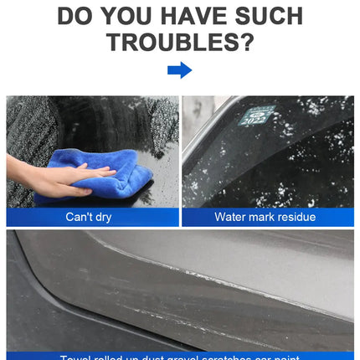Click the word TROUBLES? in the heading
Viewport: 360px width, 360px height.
[179, 42]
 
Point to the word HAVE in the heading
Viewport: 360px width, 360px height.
[188, 14]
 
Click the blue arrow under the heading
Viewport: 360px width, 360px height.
[179, 70]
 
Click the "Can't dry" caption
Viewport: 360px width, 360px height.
[89, 217]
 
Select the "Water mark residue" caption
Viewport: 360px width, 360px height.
[265, 217]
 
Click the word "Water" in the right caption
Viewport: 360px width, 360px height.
[231, 217]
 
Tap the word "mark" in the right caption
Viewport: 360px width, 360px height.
[263, 217]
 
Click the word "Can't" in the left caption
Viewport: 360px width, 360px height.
[80, 217]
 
